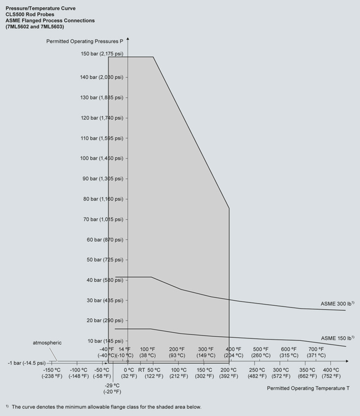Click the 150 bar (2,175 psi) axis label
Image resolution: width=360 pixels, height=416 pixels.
click(x=102, y=54)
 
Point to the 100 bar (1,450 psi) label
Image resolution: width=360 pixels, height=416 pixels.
click(x=102, y=159)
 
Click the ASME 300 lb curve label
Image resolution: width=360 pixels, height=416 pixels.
click(x=337, y=304)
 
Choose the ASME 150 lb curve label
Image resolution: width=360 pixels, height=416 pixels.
click(x=337, y=338)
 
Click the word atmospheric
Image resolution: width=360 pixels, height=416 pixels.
click(x=47, y=342)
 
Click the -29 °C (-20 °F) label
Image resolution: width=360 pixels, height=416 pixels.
click(x=112, y=388)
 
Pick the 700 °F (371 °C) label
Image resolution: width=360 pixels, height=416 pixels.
click(x=316, y=352)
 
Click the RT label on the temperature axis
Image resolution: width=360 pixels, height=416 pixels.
click(x=142, y=369)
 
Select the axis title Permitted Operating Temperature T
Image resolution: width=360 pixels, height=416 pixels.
click(x=308, y=388)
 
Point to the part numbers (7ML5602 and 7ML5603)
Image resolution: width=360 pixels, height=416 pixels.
click(x=35, y=27)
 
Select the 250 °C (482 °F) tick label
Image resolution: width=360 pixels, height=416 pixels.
click(x=257, y=373)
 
